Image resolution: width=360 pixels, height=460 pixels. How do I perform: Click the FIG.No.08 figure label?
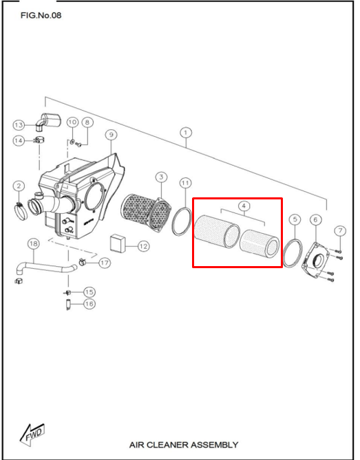pos(41,15)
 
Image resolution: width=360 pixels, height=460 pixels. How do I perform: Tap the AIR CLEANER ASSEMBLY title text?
pos(184,445)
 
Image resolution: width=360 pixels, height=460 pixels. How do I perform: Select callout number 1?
pos(186,133)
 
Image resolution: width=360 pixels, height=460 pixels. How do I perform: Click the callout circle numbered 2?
pos(19,186)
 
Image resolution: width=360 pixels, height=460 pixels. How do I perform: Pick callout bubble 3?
pos(161,177)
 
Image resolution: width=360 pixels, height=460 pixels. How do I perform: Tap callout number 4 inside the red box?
pos(244,206)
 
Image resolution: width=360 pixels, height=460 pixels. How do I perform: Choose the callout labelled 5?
pos(295,219)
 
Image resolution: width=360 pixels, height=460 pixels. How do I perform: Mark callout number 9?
pos(111,135)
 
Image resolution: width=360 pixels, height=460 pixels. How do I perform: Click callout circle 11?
pos(185,183)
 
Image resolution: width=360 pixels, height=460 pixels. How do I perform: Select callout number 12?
pos(143,246)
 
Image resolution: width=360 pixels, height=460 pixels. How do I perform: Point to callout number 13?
pos(19,125)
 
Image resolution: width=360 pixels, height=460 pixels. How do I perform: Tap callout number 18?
pos(34,244)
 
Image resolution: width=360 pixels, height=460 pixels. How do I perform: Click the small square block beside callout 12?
pos(117,243)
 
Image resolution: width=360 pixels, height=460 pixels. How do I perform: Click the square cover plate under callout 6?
pos(315,260)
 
